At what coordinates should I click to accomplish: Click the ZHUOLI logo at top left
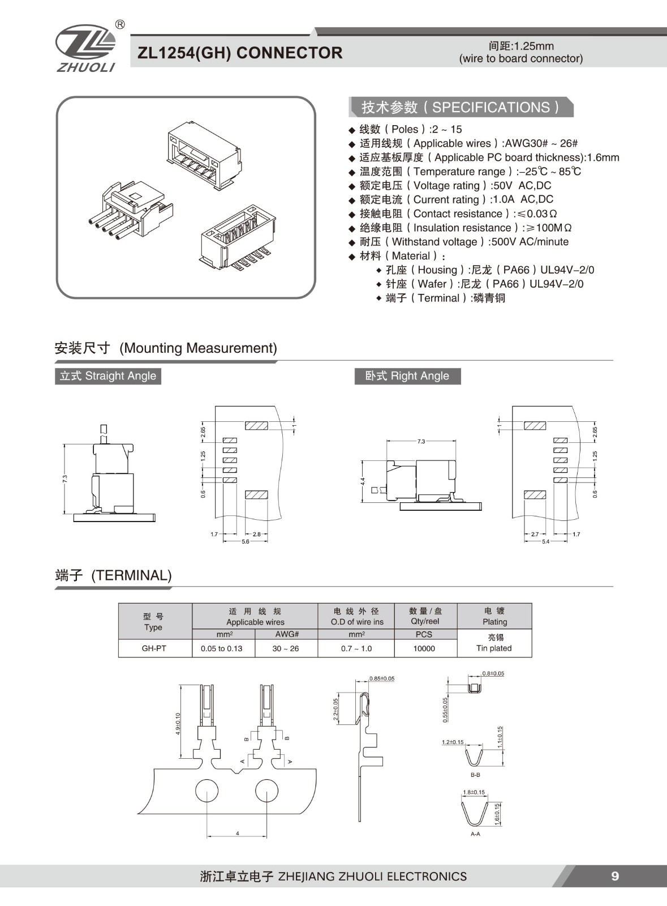(x=85, y=48)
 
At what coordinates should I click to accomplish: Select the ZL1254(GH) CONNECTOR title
(x=240, y=53)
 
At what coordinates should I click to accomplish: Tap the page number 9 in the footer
(x=615, y=876)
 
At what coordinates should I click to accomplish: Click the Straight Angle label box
(x=108, y=376)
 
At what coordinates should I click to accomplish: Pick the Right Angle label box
(x=407, y=376)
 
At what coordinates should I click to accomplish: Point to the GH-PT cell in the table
(x=154, y=648)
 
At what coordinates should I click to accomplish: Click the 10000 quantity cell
(x=424, y=648)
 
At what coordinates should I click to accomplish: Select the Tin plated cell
(x=494, y=643)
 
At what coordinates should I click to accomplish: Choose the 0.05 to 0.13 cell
(x=221, y=648)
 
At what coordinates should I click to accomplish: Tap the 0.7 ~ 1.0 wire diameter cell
(x=356, y=648)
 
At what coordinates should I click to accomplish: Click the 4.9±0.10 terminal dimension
(x=178, y=724)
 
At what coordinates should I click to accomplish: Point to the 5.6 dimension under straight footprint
(x=246, y=542)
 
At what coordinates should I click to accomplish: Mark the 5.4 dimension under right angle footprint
(x=545, y=542)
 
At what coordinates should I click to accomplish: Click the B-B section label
(x=475, y=775)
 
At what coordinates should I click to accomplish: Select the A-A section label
(x=475, y=834)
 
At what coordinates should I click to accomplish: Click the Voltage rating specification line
(x=455, y=186)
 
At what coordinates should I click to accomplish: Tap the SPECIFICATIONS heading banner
(x=461, y=108)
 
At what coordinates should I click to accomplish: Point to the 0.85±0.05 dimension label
(x=382, y=678)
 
